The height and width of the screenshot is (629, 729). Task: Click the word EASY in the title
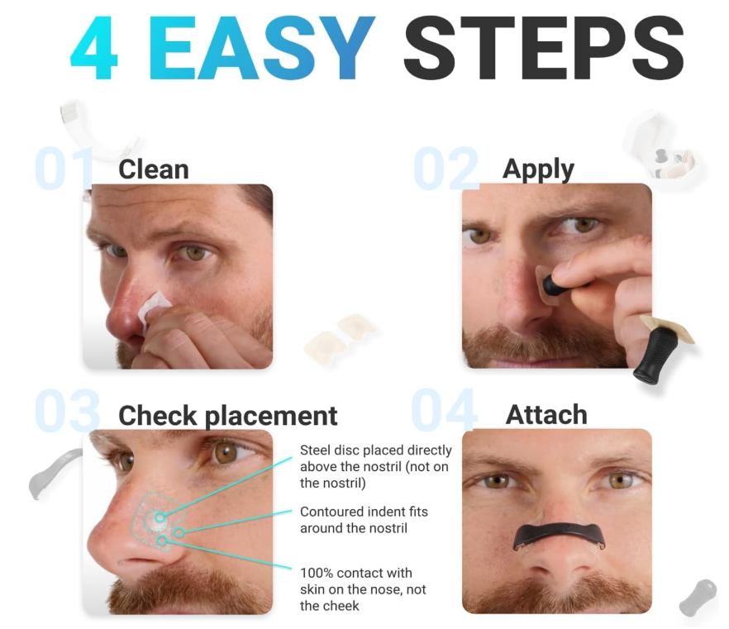262,48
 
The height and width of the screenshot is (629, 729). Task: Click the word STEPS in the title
544,48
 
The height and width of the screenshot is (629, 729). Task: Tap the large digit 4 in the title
93,48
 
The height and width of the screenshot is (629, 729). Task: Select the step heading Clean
154,169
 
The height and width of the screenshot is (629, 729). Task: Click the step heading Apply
538,170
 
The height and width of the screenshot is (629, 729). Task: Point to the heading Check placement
228,416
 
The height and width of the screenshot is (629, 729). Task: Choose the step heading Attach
546,415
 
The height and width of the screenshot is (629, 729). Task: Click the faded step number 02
445,169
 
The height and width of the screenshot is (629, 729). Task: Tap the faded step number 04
444,410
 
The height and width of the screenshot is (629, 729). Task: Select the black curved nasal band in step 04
559,534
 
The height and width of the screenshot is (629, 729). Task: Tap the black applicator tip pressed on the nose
552,284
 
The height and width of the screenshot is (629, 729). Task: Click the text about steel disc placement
375,467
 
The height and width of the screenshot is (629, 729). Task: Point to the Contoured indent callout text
364,520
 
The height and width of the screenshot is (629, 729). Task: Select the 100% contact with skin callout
363,589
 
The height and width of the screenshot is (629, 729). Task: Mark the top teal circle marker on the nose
160,517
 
